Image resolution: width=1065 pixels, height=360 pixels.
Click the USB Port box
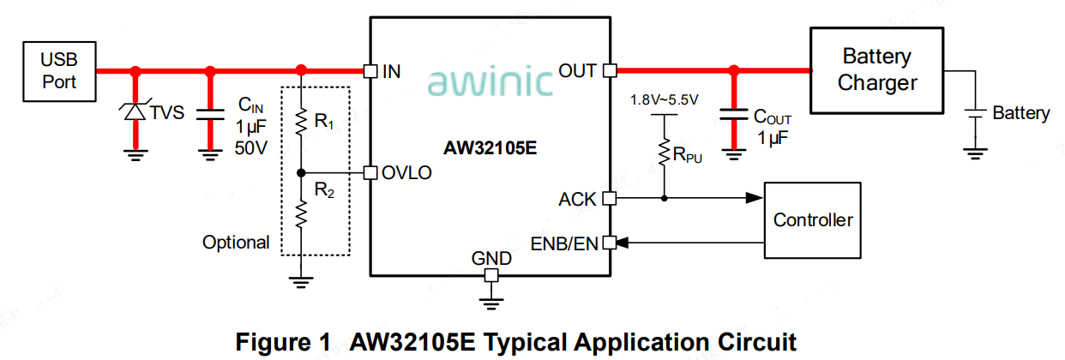[x=59, y=71]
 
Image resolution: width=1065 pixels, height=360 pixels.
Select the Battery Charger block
[x=876, y=70]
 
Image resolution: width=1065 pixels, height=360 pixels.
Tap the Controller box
[x=813, y=220]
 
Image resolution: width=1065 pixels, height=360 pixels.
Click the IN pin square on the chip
[x=370, y=71]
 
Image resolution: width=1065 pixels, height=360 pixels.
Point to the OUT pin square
[x=610, y=71]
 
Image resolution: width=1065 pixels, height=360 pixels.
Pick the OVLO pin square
[x=370, y=172]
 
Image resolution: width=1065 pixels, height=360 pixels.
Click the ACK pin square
[x=610, y=198]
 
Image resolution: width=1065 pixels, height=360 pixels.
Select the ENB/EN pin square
[x=610, y=243]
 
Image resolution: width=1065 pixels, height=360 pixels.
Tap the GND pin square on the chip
[x=491, y=275]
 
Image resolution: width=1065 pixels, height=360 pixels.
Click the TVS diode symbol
[x=135, y=111]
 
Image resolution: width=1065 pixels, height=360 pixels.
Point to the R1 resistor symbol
[x=301, y=123]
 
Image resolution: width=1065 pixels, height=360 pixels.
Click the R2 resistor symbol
[x=301, y=214]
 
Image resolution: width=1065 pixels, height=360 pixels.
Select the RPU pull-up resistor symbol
[x=665, y=153]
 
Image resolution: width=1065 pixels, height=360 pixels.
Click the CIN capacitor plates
[x=210, y=115]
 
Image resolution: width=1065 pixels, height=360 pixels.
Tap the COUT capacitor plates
[x=734, y=114]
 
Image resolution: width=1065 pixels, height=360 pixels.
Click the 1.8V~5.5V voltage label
[x=665, y=100]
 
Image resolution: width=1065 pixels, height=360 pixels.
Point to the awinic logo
[x=490, y=81]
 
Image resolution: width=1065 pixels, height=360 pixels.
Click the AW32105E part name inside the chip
[x=490, y=148]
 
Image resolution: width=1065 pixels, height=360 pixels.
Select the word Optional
[x=236, y=243]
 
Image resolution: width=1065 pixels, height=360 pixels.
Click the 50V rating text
[x=251, y=148]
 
